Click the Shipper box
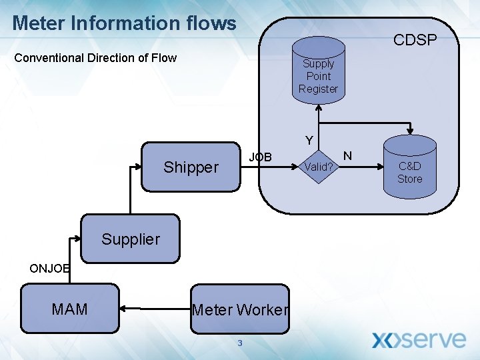(x=191, y=167)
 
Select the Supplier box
(x=131, y=239)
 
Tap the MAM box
(x=69, y=309)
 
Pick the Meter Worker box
(x=240, y=309)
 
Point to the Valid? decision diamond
(x=319, y=167)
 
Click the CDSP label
(x=415, y=41)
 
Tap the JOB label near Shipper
(x=260, y=157)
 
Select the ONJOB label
(x=49, y=269)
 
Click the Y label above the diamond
(x=309, y=141)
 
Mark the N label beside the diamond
(x=347, y=156)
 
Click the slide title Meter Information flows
(x=125, y=23)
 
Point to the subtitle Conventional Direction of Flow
(x=95, y=58)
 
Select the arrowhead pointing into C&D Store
(x=410, y=131)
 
